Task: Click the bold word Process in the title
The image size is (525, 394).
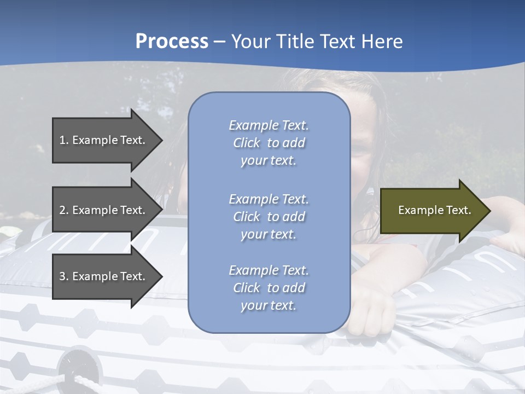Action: [x=172, y=42]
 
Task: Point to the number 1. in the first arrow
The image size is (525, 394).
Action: [x=64, y=140]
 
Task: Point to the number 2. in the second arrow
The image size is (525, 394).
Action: [x=64, y=210]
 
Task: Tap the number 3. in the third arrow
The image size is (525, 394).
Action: [x=64, y=276]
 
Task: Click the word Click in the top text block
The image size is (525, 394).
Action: [x=247, y=143]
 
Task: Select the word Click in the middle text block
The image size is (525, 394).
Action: [x=247, y=217]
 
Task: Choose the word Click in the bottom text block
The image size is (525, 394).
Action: [x=247, y=288]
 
